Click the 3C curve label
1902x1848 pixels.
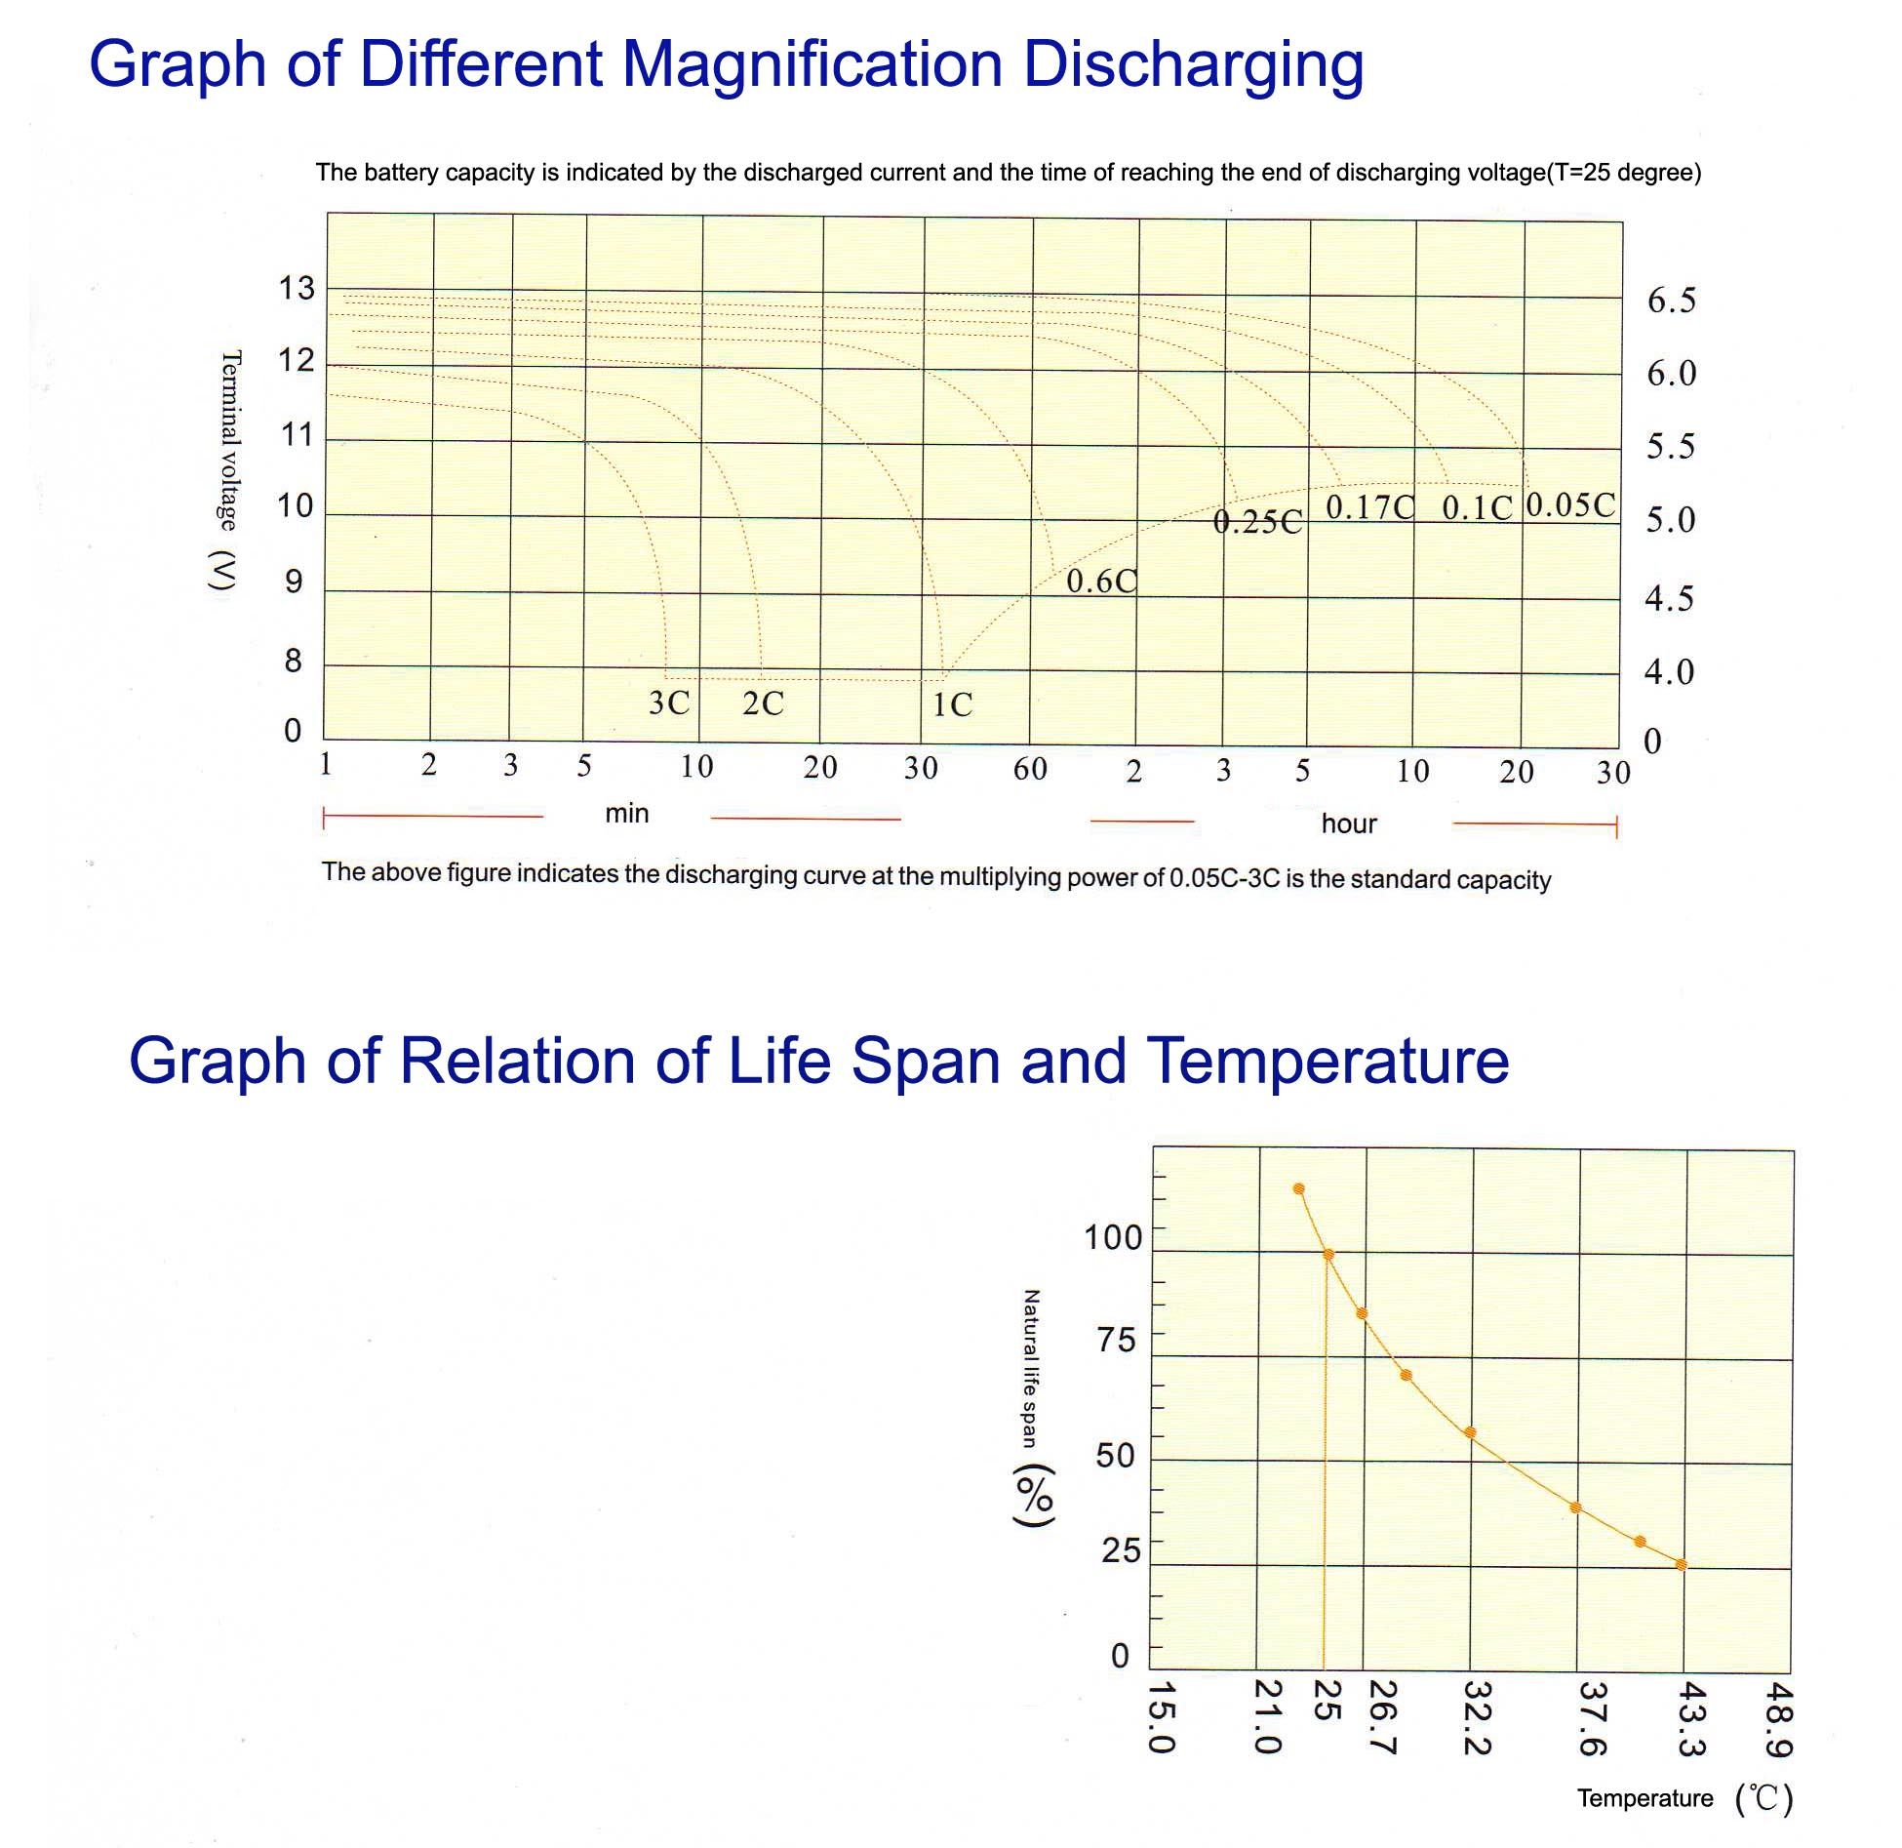pos(669,703)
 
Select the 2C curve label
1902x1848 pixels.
pos(763,703)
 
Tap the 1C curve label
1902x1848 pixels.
pos(952,704)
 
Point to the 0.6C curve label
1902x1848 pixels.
pos(1101,582)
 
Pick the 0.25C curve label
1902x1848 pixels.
pos(1257,523)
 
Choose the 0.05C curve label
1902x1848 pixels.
pos(1570,504)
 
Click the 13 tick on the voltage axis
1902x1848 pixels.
pos(297,289)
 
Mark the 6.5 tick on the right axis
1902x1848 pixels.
pos(1672,301)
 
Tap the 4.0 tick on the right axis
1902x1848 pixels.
pos(1669,672)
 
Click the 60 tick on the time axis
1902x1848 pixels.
pos(1030,770)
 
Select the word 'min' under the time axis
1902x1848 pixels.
pos(626,814)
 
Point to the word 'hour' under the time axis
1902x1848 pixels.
pos(1349,824)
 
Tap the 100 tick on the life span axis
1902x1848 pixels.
pos(1113,1238)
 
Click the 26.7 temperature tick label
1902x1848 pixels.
pos(1383,1716)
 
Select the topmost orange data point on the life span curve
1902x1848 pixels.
pos(1298,1188)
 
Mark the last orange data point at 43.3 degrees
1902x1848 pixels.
pos(1681,1565)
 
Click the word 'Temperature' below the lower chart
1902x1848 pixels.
pos(1644,1798)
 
